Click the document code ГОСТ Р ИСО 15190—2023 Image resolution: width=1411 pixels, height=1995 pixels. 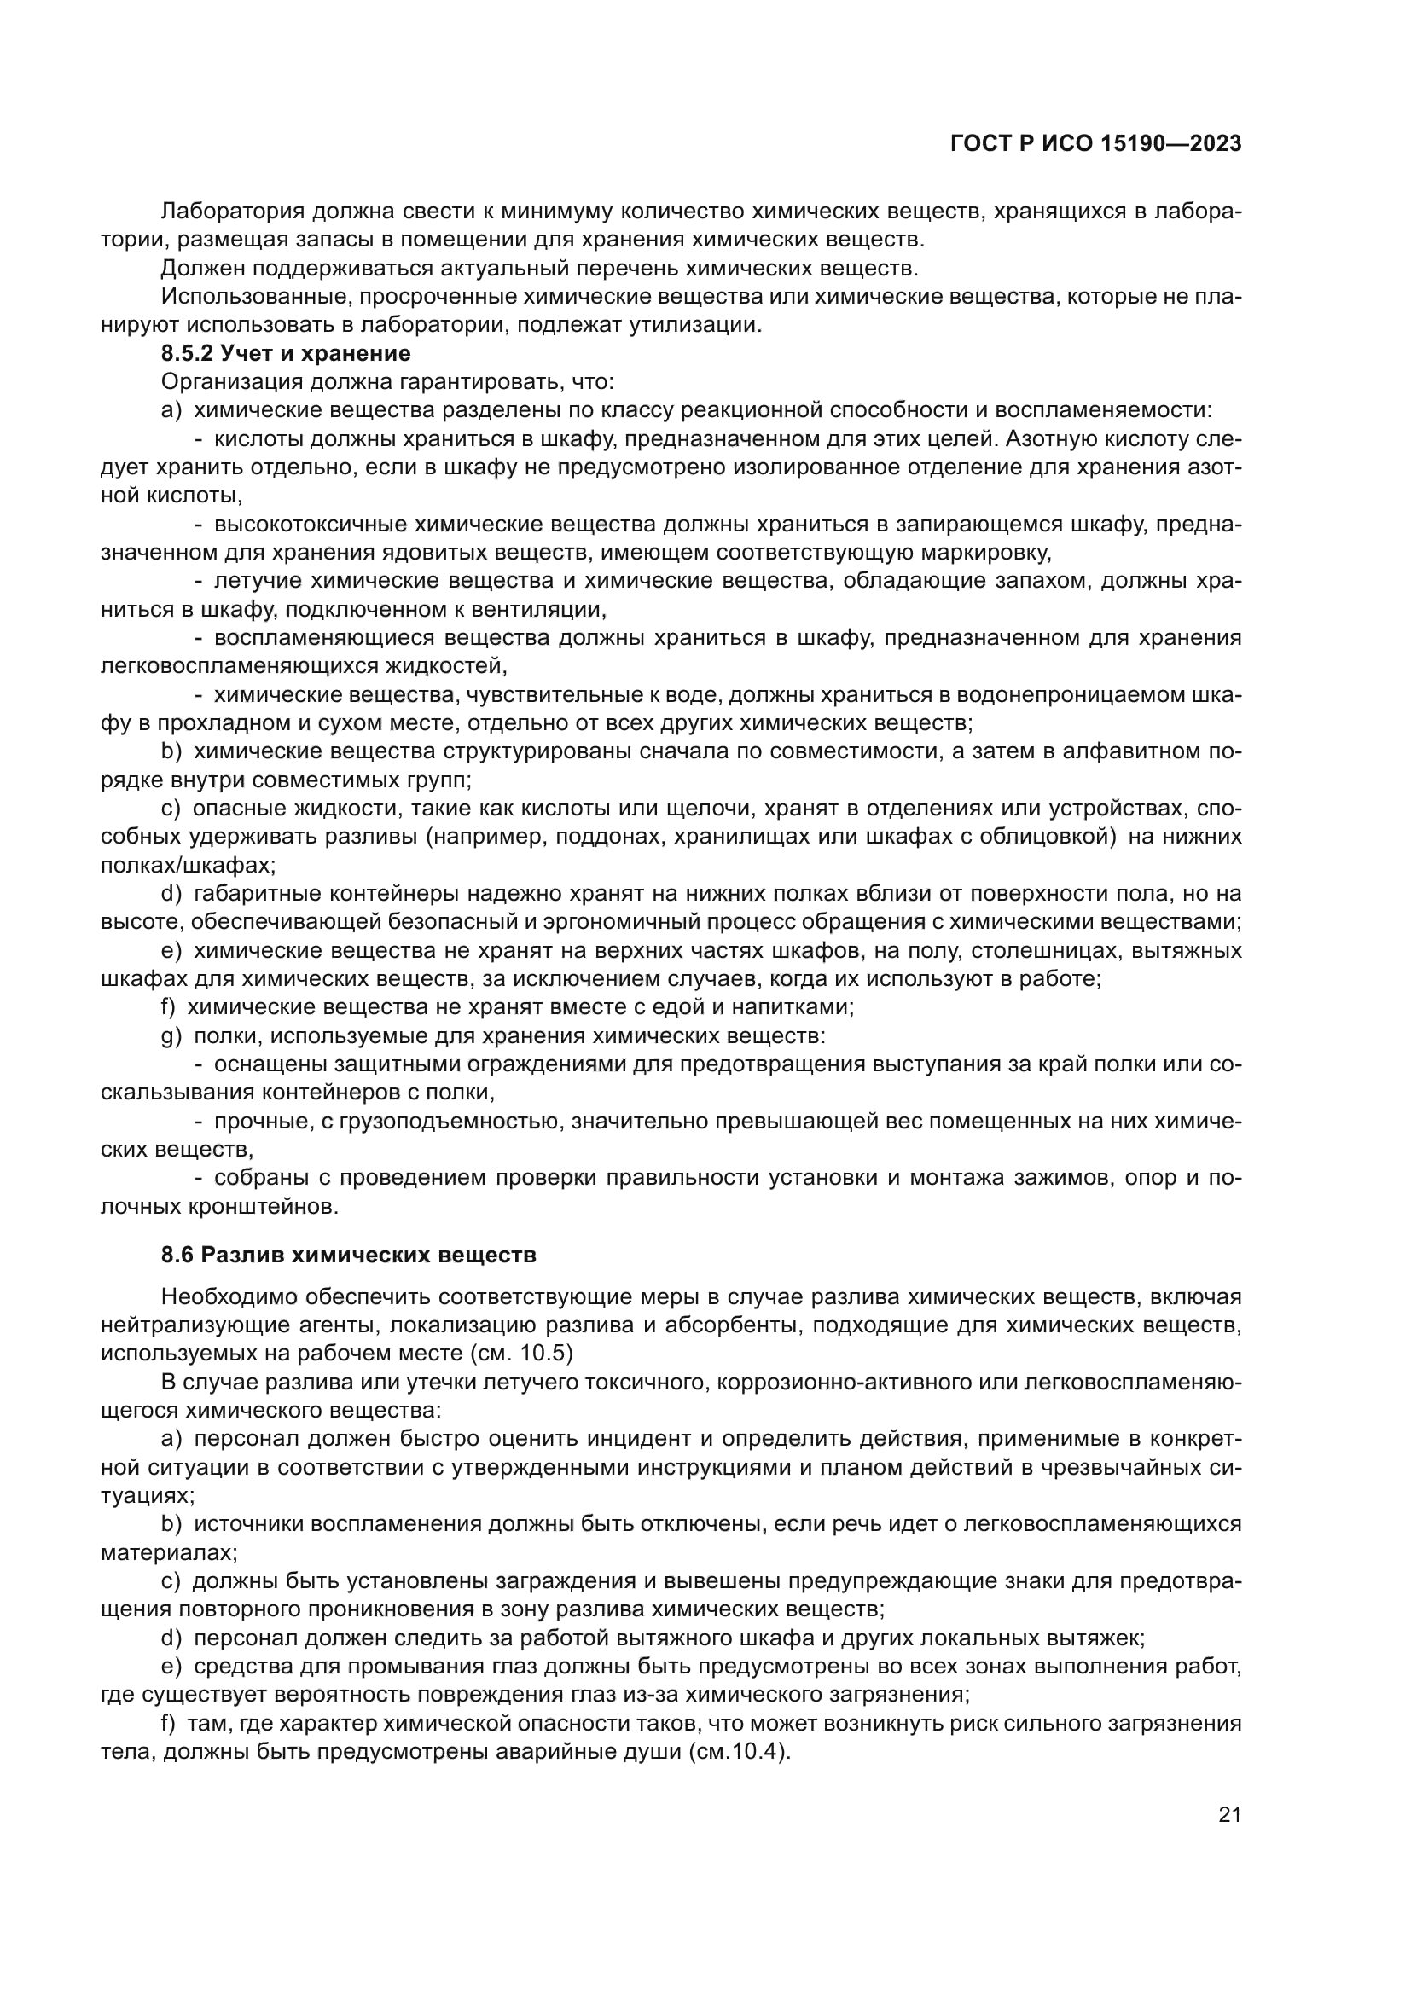[1095, 143]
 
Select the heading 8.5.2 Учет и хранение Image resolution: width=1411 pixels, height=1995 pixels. [286, 354]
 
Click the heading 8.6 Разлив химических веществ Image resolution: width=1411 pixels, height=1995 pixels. [348, 1255]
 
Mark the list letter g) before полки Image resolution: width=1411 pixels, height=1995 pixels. [171, 1035]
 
